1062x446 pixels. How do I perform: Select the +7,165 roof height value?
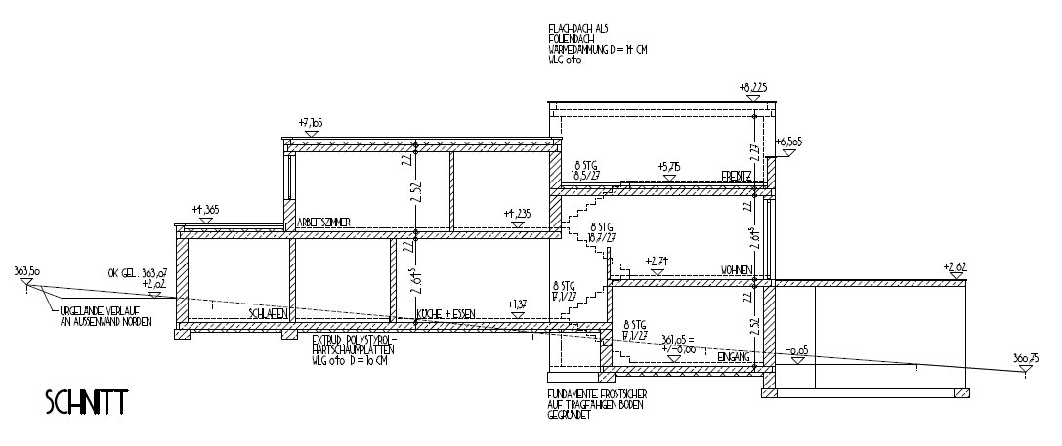coord(310,124)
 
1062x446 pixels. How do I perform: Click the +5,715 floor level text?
coord(669,166)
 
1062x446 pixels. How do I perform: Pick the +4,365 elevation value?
coord(206,209)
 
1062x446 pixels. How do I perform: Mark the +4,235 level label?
coord(517,213)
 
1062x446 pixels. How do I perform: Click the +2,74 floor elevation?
coord(657,261)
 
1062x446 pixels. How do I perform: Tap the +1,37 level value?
coord(517,304)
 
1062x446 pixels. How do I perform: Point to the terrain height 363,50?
coord(27,269)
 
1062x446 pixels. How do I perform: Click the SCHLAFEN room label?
coord(267,314)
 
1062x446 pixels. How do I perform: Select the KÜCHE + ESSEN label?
coord(446,314)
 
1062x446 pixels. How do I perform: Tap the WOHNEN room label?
coord(735,268)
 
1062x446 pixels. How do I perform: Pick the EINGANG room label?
coord(732,358)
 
